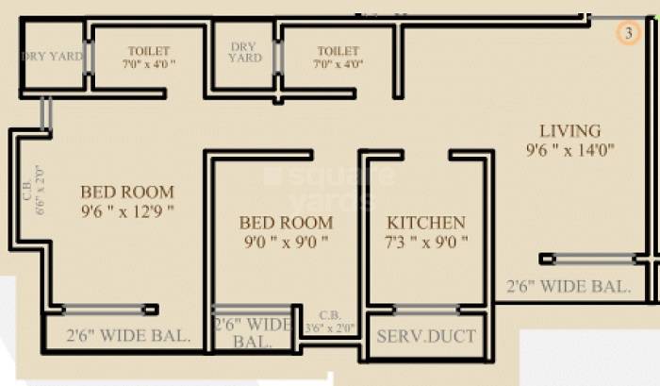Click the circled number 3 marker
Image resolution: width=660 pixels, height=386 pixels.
[628, 33]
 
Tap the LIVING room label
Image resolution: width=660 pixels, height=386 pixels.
[569, 130]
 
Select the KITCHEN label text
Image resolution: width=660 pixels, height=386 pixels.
[426, 223]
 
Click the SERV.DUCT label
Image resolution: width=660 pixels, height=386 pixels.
[426, 336]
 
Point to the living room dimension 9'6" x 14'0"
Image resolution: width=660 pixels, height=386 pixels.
[570, 149]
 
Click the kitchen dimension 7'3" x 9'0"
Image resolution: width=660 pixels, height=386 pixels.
[426, 242]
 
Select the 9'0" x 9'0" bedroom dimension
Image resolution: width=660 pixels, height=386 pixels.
[285, 242]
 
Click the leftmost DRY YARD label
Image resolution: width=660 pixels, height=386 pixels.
[52, 57]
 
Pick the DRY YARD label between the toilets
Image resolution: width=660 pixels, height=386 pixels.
[244, 52]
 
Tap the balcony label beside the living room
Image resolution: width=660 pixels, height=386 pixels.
[569, 286]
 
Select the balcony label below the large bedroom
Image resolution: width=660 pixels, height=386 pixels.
[129, 334]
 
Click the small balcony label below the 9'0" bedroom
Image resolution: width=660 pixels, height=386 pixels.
[253, 332]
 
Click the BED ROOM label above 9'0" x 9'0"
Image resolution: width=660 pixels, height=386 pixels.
[285, 223]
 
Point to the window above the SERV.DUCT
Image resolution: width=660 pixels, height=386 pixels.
[426, 308]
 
